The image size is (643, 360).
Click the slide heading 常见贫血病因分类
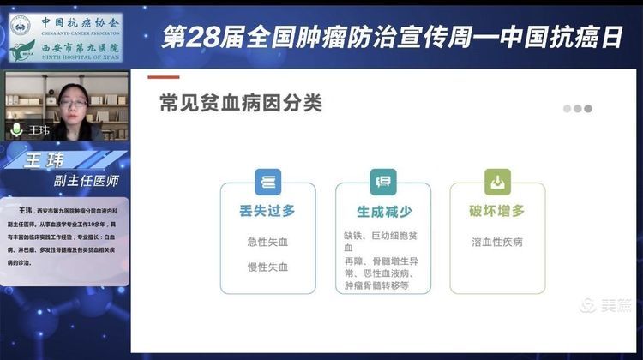[240, 104]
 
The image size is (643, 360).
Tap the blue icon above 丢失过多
[267, 182]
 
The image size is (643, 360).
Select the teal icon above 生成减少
[382, 182]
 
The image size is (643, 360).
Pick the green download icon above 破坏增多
[497, 182]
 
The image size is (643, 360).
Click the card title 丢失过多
[267, 210]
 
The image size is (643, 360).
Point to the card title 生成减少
[382, 210]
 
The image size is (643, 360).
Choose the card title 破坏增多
[497, 210]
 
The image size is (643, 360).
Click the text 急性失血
[267, 242]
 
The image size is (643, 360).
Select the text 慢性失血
[267, 267]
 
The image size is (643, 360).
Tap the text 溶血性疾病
[497, 242]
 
